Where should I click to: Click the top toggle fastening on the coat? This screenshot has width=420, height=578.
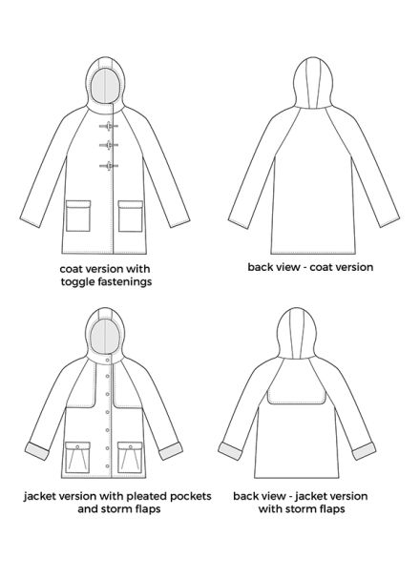point(109,127)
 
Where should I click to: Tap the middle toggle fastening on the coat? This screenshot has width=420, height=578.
point(109,145)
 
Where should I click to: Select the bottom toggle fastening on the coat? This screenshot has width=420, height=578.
point(109,166)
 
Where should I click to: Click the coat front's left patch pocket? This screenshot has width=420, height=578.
point(78,216)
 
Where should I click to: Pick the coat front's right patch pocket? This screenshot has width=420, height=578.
point(131,216)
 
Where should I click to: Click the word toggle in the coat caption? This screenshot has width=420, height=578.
point(78,282)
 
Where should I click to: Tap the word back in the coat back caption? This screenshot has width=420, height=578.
point(259,267)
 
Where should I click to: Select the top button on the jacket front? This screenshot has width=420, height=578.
point(108,360)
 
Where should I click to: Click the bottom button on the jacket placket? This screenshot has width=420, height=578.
point(108,466)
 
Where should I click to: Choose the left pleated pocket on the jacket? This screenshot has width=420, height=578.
point(78,458)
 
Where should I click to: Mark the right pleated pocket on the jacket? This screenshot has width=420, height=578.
point(130,458)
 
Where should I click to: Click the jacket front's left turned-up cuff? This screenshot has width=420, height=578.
point(37,451)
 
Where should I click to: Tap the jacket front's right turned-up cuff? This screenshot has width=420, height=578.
point(171,450)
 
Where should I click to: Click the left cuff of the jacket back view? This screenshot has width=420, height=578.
point(230,450)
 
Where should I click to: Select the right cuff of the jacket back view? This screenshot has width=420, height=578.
point(364,450)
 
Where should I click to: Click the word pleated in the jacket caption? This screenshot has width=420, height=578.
point(145,497)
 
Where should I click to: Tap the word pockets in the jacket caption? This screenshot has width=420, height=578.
point(191,497)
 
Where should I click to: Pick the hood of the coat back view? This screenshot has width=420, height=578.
point(313,83)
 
